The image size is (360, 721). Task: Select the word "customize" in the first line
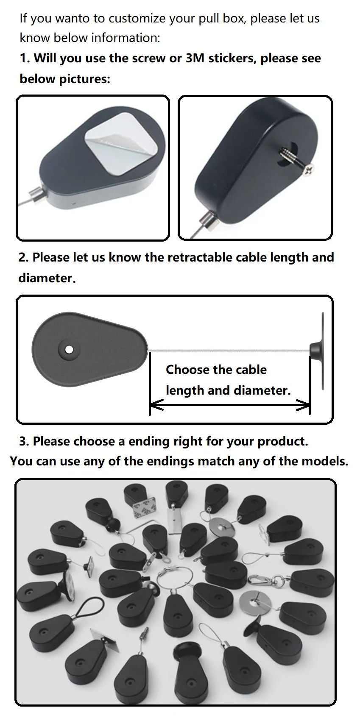tap(137, 19)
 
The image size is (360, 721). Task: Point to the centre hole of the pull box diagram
tap(70, 350)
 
